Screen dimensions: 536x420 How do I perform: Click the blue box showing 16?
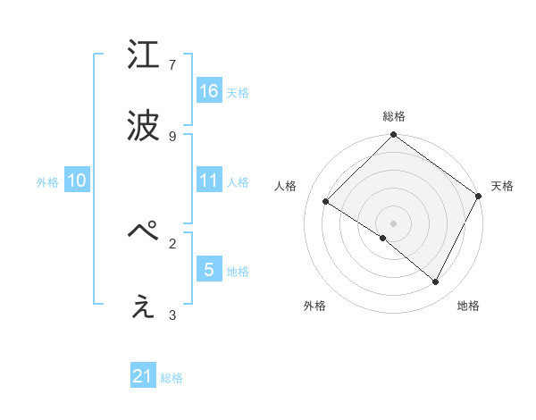[209, 91]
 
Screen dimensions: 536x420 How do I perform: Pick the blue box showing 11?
[209, 181]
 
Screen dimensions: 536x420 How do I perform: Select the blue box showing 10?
[77, 181]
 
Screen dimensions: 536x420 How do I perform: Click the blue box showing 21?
[143, 377]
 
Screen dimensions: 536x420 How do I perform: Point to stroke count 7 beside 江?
[172, 65]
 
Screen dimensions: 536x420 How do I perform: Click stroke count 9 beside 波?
[172, 136]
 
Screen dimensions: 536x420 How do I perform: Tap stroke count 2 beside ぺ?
[172, 242]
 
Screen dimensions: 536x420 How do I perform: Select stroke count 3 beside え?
[172, 315]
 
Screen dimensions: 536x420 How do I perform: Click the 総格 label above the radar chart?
[394, 116]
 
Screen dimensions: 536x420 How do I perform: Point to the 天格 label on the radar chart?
[503, 186]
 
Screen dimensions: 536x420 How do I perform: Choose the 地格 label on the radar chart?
[468, 306]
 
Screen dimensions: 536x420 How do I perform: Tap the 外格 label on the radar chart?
[314, 306]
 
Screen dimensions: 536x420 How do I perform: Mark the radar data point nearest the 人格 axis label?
[326, 202]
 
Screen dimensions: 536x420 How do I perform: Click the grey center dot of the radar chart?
[393, 223]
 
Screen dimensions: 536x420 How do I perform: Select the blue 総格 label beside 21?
[172, 378]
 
